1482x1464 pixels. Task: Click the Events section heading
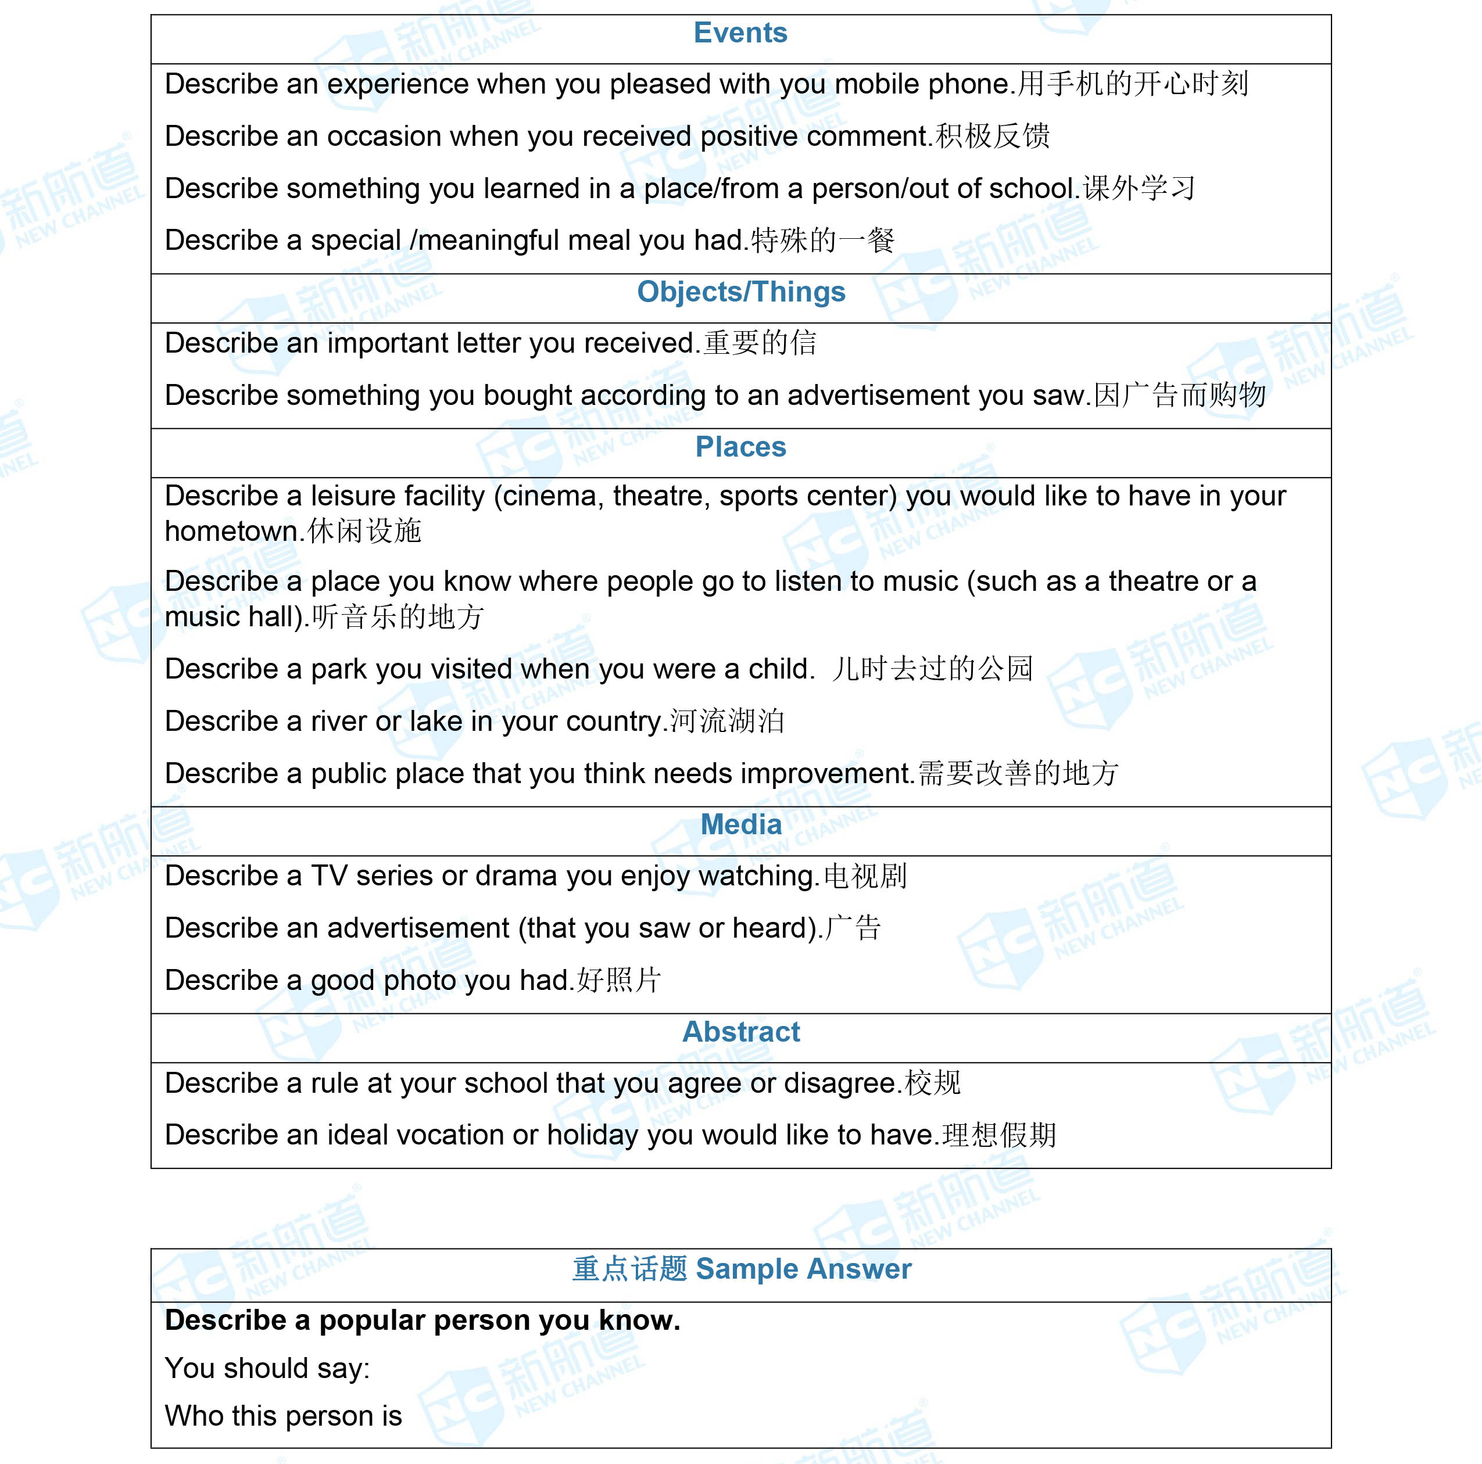(740, 33)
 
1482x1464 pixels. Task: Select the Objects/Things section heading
(741, 292)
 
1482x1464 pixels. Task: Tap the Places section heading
(740, 447)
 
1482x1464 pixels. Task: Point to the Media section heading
(741, 824)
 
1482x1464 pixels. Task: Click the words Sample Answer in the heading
(803, 1269)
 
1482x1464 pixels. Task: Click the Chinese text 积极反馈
(993, 137)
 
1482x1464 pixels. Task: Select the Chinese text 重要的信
(760, 343)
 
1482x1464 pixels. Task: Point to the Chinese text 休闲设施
(364, 530)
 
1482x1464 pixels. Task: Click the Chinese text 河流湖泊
(726, 722)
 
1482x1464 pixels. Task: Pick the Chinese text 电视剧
(865, 876)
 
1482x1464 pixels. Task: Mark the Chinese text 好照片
(618, 980)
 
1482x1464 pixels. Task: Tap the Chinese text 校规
(932, 1083)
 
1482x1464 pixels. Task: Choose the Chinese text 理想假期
(998, 1135)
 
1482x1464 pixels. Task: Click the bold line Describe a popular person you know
(423, 1321)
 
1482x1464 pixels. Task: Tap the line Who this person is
(283, 1416)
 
